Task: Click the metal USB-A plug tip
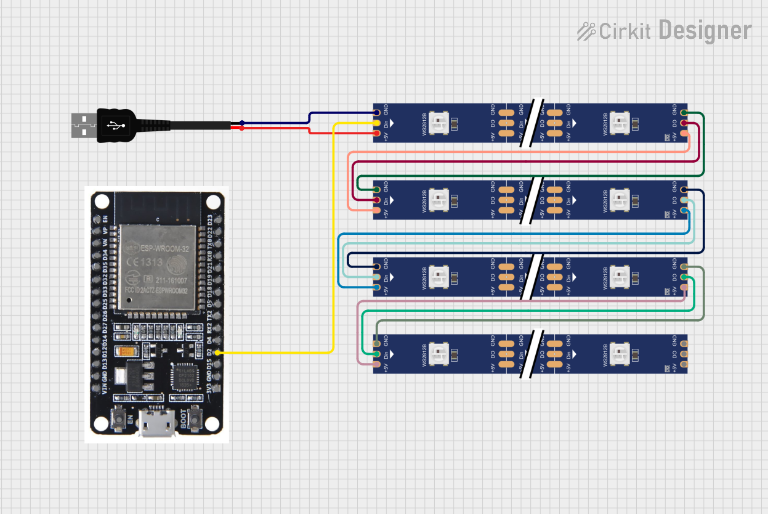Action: pos(83,126)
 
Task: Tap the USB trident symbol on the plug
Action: pos(115,126)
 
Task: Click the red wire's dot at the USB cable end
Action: pos(241,128)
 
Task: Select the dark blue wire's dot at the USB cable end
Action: pos(241,123)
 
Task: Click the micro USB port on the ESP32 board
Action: pos(156,426)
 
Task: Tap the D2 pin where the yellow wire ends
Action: pos(217,353)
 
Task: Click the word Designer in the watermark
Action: pos(705,30)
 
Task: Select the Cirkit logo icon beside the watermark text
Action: pos(586,31)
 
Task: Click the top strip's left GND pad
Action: pos(376,113)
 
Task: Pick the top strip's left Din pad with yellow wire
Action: pos(376,123)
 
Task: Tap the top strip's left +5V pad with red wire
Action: pos(376,134)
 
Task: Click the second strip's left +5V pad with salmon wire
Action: pos(376,211)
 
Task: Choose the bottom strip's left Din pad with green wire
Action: pos(376,354)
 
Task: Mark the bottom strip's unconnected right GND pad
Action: pos(684,343)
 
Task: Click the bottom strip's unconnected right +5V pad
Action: pos(684,364)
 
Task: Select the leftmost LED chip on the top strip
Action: pos(441,123)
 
